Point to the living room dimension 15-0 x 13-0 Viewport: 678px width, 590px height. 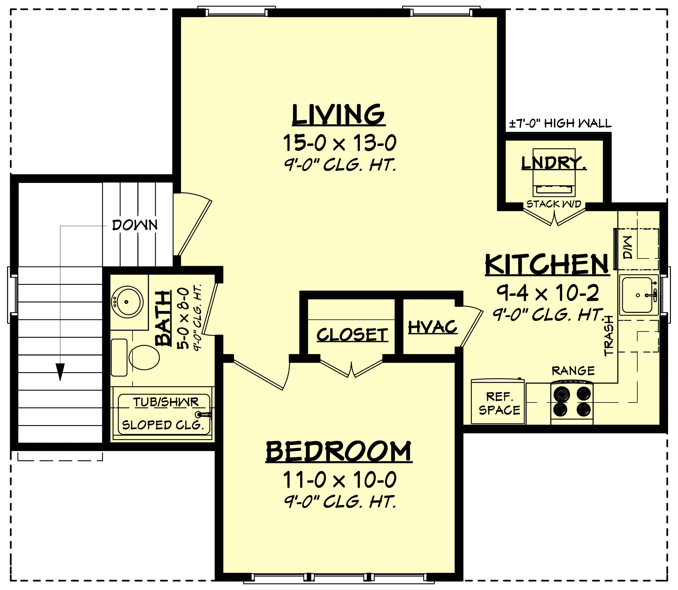[339, 143]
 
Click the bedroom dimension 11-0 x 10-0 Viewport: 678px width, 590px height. [339, 480]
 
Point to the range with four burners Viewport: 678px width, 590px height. [572, 402]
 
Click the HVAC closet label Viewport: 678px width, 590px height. [433, 327]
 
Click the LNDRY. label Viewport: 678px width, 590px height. [554, 163]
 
